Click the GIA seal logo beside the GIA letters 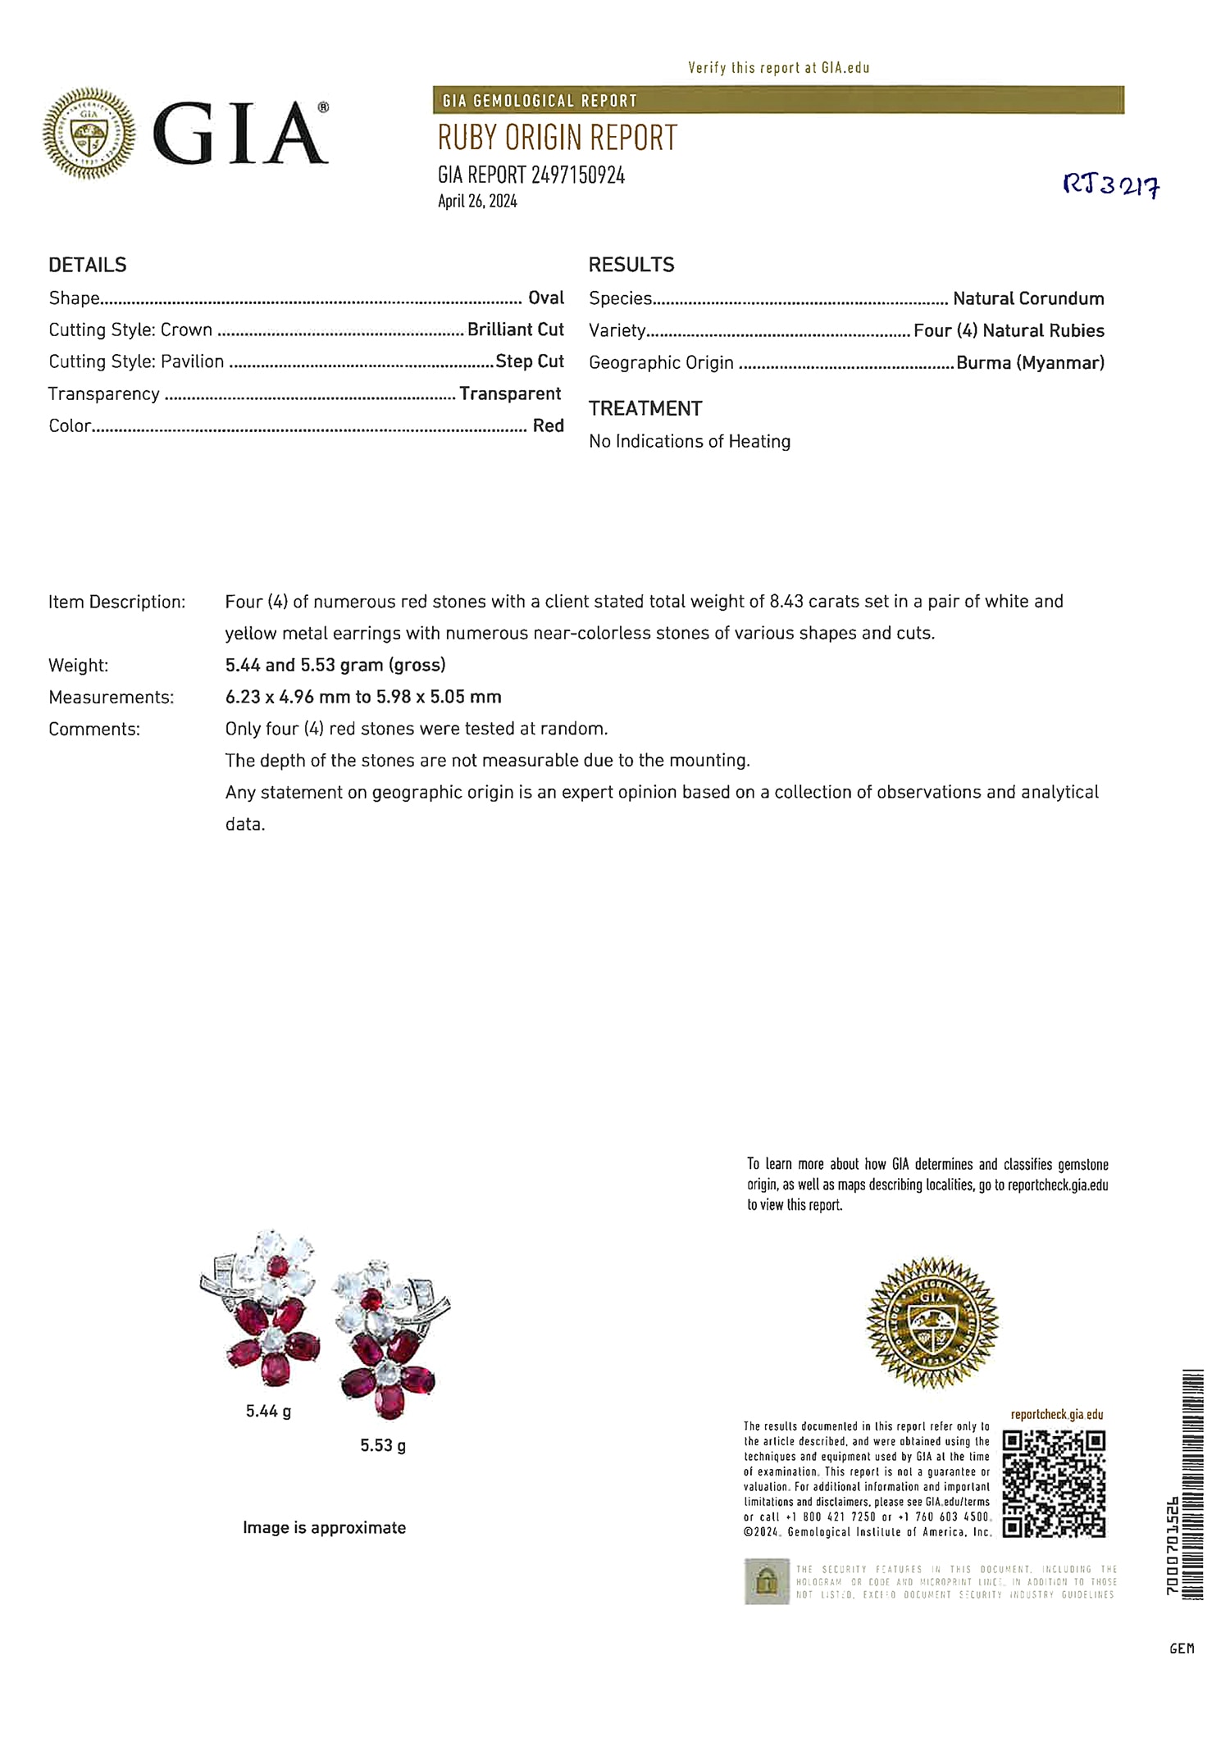[89, 133]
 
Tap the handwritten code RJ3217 [1111, 187]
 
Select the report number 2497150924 [577, 175]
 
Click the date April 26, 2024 [477, 202]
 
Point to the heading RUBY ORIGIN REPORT [557, 139]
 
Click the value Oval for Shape [545, 298]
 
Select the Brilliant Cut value [515, 330]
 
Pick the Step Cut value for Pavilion [529, 362]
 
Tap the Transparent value [509, 393]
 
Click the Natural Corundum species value [1027, 298]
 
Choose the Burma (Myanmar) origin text [1030, 362]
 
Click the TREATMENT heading [645, 408]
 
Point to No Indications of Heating [690, 441]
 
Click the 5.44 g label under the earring [268, 1411]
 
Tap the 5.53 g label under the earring [383, 1445]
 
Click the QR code [1054, 1484]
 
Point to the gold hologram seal [932, 1323]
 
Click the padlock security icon [766, 1581]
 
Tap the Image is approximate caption [324, 1527]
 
